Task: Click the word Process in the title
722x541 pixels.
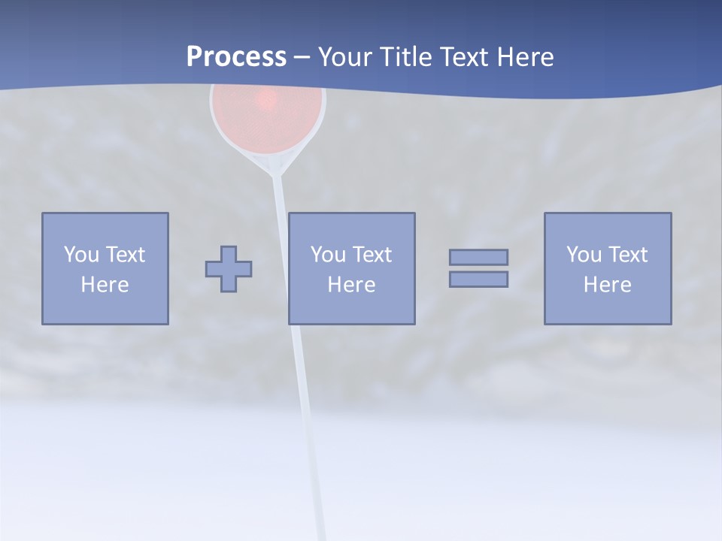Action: pos(236,57)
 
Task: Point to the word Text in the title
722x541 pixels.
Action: pos(466,57)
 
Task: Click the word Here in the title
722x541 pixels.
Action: pos(526,57)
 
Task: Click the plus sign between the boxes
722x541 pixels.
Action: pos(229,268)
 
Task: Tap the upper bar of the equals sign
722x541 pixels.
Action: pos(478,257)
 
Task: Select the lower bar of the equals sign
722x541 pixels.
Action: pos(478,279)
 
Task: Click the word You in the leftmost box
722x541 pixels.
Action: pos(81,255)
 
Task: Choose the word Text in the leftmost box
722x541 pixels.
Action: pos(125,255)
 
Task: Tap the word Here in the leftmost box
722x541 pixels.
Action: pos(105,285)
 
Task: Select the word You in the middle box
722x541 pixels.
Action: pos(328,255)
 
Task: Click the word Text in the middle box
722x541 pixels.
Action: pos(372,255)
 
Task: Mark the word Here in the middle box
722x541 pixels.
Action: pos(351,285)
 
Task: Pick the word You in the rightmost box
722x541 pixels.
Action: pos(584,255)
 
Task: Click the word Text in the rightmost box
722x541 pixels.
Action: pos(627,255)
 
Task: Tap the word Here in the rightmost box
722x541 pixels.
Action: pos(607,285)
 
